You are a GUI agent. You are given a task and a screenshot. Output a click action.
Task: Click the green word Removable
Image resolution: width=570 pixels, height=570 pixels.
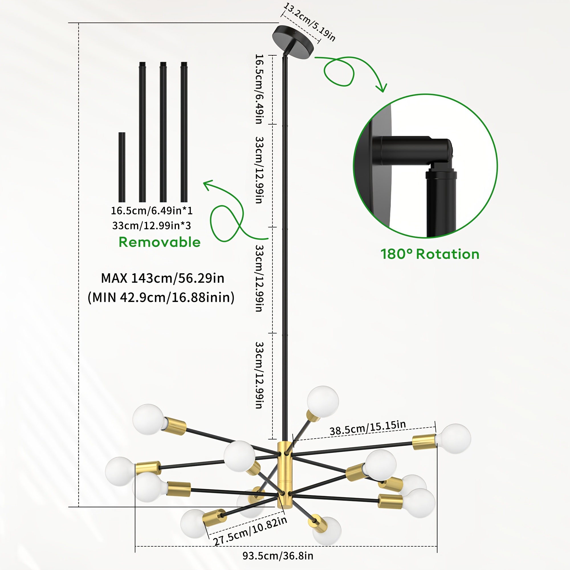(160, 242)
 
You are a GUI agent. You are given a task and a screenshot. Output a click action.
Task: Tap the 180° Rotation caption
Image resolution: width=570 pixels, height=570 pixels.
(430, 254)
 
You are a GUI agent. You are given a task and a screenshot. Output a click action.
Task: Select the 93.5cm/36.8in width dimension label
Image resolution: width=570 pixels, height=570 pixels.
(278, 556)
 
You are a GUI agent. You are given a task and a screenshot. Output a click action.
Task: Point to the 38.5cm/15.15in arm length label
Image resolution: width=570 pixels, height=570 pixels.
(368, 428)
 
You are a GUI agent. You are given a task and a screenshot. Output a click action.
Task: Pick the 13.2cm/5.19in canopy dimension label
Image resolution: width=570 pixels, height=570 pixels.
(309, 22)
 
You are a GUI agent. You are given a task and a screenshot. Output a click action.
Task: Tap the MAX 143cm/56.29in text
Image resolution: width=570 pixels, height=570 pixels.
(162, 278)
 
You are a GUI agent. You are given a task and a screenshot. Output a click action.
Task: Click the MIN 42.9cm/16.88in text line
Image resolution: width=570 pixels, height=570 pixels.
(161, 297)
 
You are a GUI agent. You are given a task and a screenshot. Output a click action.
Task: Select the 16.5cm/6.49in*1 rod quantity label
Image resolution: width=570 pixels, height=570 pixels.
(152, 211)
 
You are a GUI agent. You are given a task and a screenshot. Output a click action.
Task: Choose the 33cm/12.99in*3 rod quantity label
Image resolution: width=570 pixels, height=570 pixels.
(152, 226)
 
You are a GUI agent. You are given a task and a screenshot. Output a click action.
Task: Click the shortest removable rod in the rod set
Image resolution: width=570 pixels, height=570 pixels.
(122, 167)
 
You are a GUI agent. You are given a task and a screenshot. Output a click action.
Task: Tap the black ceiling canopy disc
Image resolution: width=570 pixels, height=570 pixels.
(293, 42)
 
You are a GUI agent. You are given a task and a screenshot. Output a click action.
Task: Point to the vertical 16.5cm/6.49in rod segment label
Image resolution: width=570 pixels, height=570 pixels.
(259, 89)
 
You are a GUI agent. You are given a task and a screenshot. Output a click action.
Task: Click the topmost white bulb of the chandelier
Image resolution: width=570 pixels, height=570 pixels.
(323, 402)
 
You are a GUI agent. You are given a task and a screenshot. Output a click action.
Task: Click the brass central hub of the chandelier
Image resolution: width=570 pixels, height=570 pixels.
(285, 475)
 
